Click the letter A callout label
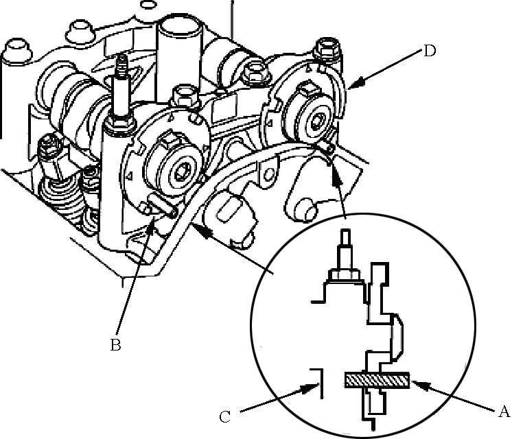coord(504,412)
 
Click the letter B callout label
coord(115,344)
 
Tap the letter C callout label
coord(224,417)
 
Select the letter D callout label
coord(430,51)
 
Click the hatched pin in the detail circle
coord(377,380)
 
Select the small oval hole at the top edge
coord(148,4)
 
